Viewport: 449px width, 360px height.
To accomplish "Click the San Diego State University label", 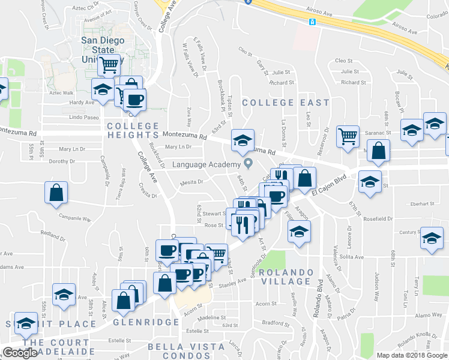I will coord(103,50).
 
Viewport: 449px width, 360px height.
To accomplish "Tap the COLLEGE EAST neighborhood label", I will coord(286,103).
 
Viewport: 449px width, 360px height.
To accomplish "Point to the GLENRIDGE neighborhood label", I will coord(146,322).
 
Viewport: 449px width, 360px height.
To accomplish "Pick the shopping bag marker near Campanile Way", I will coord(56,193).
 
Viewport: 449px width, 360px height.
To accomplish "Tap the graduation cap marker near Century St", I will coord(432,239).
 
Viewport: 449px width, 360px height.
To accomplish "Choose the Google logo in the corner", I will coord(20,353).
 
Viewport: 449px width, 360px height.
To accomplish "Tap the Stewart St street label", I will coord(214,213).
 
